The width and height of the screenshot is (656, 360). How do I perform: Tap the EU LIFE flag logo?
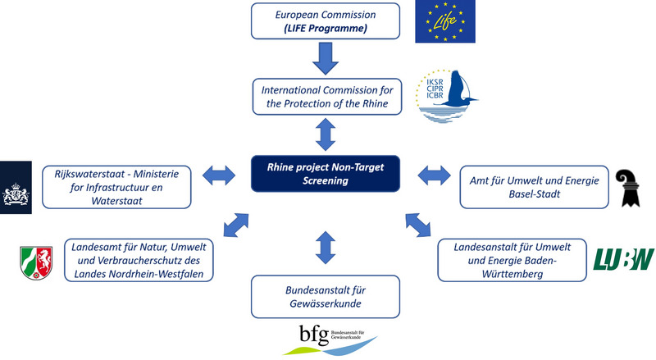tap(445, 23)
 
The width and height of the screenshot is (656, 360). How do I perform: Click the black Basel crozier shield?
tap(631, 188)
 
